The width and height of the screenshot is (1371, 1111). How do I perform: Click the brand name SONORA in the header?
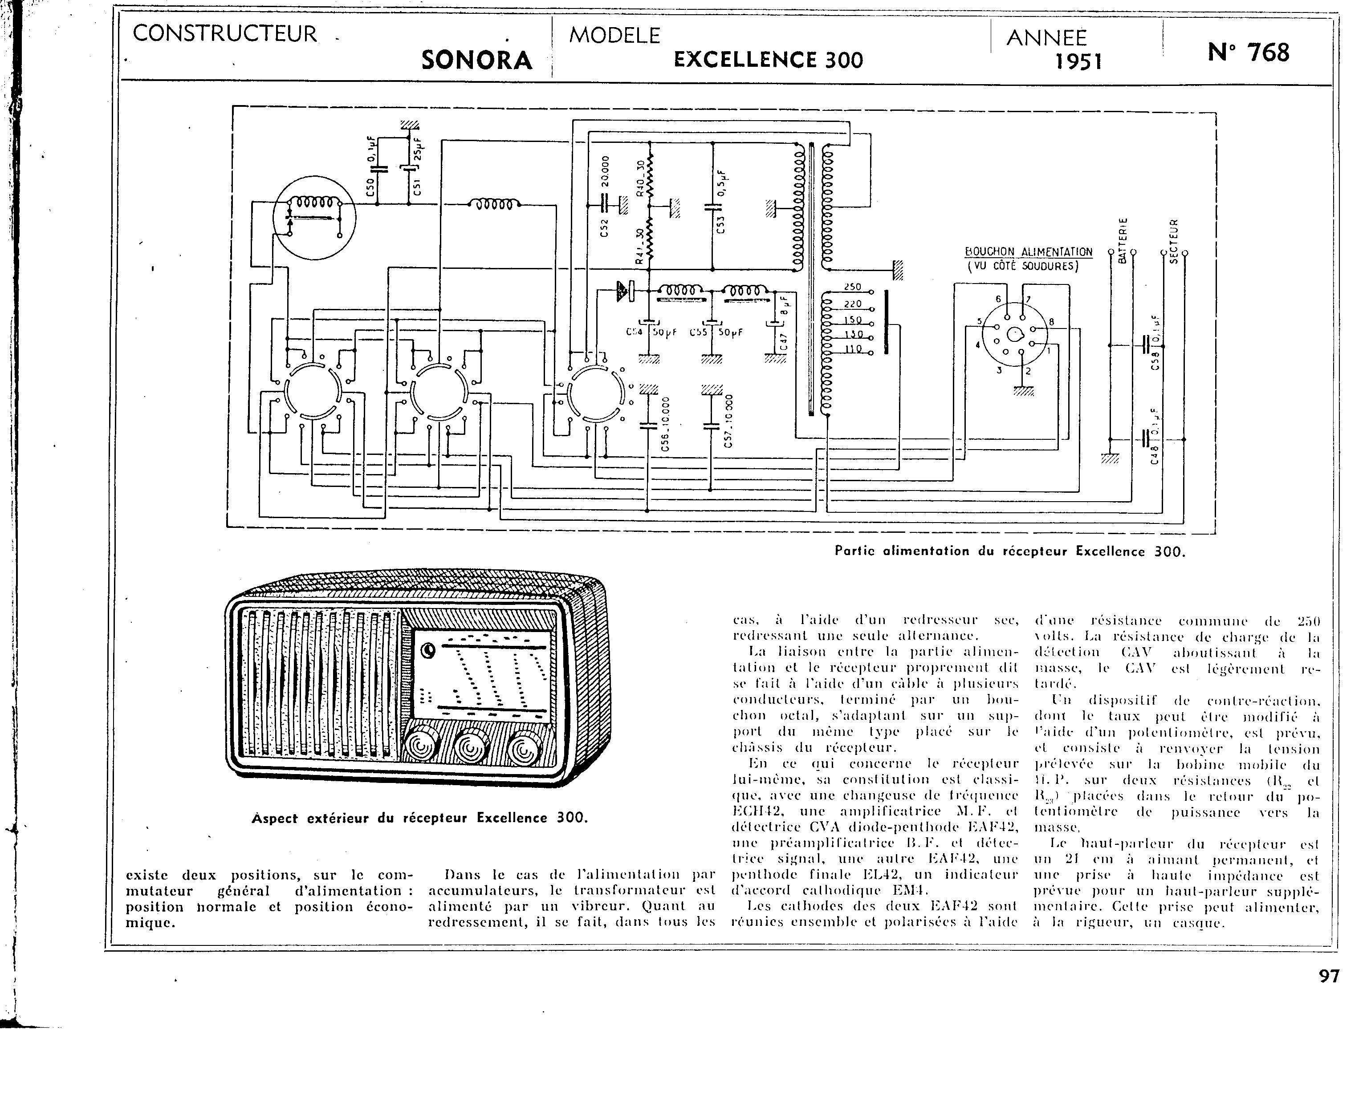[x=477, y=60]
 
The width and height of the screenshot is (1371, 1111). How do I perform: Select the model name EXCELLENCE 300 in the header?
[x=768, y=60]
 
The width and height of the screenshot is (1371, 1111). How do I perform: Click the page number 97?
[x=1329, y=976]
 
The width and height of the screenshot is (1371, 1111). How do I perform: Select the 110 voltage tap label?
[x=853, y=349]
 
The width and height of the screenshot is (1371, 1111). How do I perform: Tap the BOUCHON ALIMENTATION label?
[x=1029, y=252]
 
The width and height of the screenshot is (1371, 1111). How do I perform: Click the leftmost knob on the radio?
[x=420, y=746]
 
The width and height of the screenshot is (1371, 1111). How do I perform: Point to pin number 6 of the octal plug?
[x=998, y=299]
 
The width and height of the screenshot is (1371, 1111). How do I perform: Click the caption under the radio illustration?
[x=419, y=818]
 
